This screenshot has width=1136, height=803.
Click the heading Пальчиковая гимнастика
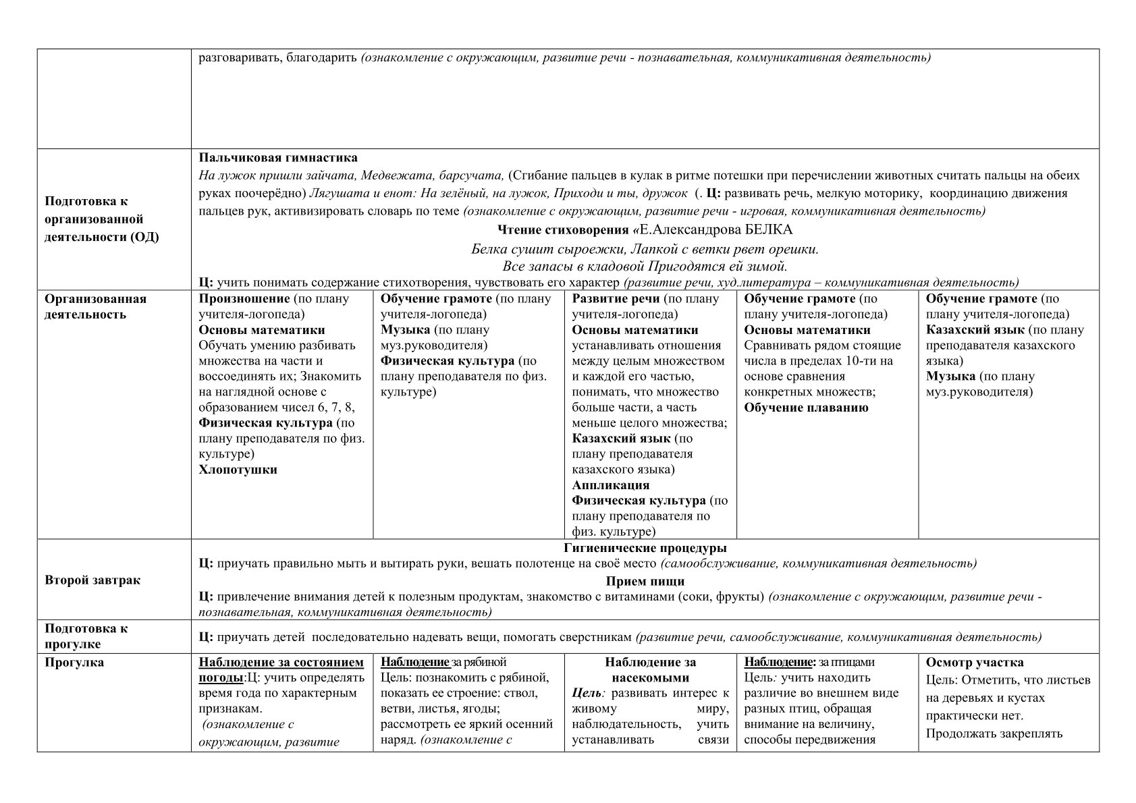point(278,159)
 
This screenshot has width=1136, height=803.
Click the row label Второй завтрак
point(92,580)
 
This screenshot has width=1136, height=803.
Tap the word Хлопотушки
point(238,470)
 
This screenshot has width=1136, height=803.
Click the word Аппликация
point(610,485)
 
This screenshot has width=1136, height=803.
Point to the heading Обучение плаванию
point(806,408)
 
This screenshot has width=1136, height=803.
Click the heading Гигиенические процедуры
point(645,548)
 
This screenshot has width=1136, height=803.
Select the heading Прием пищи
point(645,581)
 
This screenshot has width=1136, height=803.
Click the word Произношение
point(244,299)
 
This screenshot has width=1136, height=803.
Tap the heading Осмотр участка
point(974,663)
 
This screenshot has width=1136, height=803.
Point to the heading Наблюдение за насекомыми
point(650,670)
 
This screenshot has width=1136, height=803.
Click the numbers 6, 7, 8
point(331,408)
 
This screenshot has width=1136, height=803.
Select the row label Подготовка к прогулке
point(86,636)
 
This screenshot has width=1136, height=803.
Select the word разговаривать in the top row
point(239,58)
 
